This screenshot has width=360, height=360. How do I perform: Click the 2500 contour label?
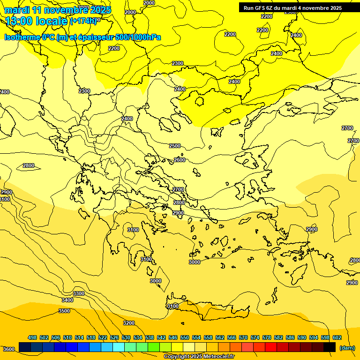[175, 146]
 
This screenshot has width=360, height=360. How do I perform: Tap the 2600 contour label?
[180, 160]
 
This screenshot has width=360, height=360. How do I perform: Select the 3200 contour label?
[129, 323]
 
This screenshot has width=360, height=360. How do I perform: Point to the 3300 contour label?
[79, 293]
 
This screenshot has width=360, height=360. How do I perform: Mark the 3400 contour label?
[67, 300]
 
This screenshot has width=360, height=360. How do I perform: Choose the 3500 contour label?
[64, 311]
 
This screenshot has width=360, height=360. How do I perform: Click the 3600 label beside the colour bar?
[8, 349]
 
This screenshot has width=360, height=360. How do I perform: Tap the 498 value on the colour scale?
[32, 337]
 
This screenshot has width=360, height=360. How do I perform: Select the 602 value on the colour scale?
[337, 337]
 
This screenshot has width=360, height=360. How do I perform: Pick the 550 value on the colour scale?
[185, 337]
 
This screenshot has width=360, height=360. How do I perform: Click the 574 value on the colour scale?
[255, 337]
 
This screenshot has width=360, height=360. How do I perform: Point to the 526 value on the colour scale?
[114, 337]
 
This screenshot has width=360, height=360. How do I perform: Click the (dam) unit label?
[347, 347]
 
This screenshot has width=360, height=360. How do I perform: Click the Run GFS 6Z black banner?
[292, 8]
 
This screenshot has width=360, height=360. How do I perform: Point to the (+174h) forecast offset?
[84, 21]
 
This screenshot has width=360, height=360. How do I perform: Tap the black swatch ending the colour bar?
[330, 347]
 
